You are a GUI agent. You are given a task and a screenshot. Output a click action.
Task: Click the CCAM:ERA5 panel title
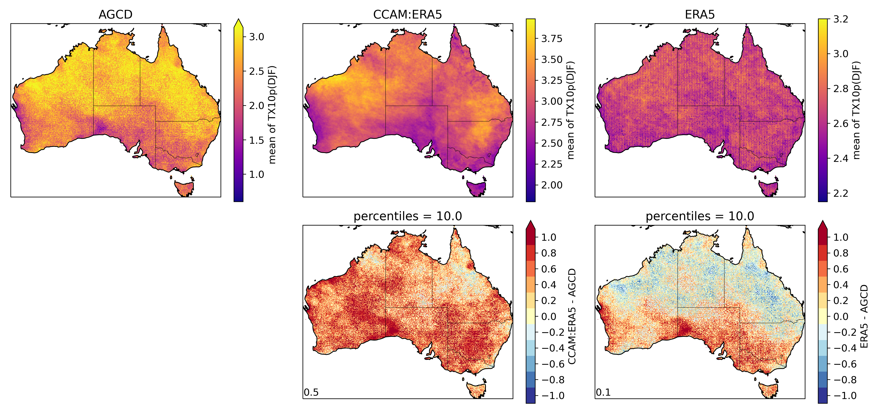coord(407,14)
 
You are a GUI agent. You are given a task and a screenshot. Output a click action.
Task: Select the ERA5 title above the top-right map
coord(700,14)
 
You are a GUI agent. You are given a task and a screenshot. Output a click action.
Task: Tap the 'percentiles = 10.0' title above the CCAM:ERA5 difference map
coord(407,216)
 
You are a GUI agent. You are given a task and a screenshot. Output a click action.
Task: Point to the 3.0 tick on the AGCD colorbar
coord(256,37)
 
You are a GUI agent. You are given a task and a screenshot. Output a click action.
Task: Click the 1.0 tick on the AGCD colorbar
coord(256,174)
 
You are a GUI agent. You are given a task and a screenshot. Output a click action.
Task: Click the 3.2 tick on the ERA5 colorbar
coord(840,19)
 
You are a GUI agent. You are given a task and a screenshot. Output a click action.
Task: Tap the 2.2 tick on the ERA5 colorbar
coord(840,193)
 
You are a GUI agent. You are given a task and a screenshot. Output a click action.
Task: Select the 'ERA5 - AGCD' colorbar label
coord(864,316)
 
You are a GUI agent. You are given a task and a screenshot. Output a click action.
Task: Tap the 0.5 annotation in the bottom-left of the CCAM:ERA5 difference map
coord(311,392)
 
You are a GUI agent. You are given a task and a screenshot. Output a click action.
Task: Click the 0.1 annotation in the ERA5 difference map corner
coord(603,392)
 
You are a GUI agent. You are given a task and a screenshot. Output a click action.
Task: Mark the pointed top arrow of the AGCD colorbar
coord(238,23)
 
